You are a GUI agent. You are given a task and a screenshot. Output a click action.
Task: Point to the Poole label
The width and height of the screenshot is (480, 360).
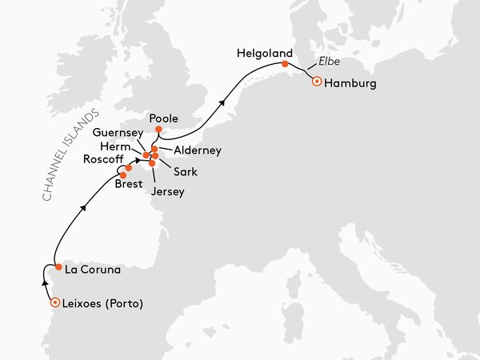164,118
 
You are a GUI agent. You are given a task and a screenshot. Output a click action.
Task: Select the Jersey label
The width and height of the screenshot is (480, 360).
166,192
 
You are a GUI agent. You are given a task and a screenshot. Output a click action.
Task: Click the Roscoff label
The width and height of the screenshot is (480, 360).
103,159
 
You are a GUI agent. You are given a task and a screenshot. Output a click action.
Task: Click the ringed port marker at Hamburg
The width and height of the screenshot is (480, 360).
318,82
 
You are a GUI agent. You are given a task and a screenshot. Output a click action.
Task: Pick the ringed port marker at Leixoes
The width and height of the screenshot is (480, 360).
54,303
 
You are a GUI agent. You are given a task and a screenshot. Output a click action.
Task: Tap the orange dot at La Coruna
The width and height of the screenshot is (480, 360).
59,267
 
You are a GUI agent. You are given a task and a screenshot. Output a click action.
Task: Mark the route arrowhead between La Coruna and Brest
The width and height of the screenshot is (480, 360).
84,209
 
